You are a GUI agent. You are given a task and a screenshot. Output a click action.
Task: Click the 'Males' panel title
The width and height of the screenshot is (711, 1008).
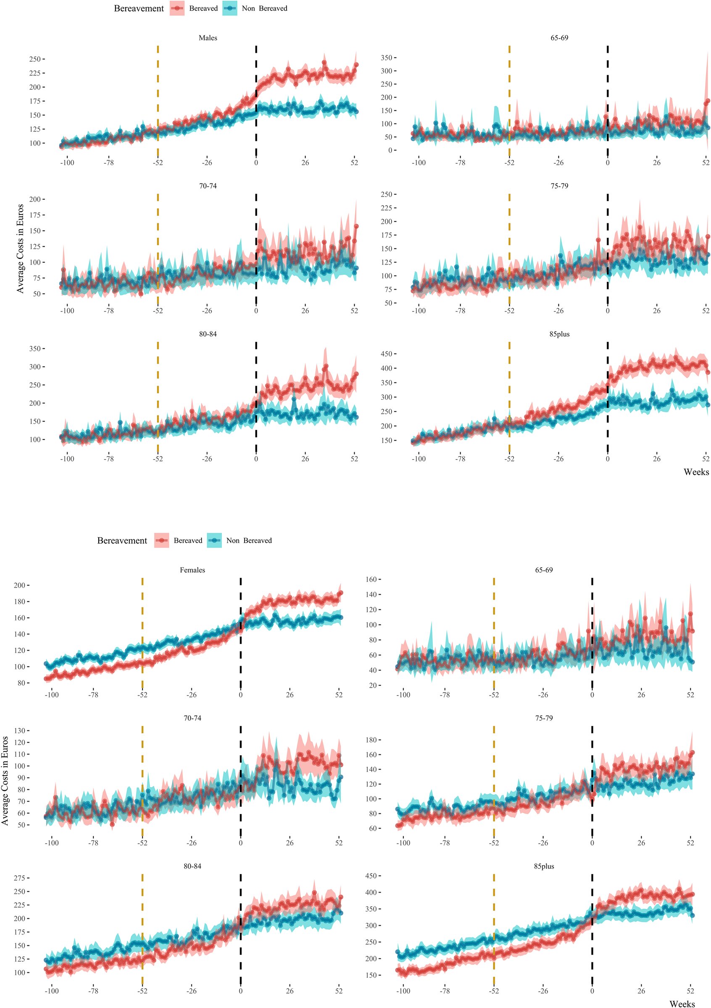[x=208, y=38]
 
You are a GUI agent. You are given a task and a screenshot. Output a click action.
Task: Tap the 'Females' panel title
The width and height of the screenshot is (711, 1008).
[x=192, y=570]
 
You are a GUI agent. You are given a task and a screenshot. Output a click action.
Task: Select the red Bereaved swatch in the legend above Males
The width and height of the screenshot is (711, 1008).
[x=177, y=8]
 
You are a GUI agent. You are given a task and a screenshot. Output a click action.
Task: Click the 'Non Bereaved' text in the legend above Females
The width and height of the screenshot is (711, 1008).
[x=249, y=541]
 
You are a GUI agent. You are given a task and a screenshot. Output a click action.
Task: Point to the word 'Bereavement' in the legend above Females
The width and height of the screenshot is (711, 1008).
[x=122, y=541]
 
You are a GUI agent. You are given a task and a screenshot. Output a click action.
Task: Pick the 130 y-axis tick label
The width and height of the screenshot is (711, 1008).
[x=22, y=730]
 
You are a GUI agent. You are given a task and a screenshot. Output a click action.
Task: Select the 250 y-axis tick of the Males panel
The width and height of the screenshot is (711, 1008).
[x=35, y=59]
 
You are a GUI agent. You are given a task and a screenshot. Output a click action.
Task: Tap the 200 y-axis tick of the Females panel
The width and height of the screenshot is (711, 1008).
[x=19, y=585]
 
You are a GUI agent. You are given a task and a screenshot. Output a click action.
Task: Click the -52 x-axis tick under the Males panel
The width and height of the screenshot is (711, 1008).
[x=158, y=163]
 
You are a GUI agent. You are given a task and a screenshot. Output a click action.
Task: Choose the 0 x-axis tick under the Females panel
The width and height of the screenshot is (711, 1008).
[x=241, y=695]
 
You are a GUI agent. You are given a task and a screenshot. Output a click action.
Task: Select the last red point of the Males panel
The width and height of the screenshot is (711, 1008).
[x=356, y=65]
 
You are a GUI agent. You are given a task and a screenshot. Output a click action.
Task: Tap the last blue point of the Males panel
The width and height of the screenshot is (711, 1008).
[x=356, y=112]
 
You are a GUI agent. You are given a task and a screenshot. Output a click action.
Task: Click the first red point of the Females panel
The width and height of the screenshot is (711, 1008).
[x=46, y=679]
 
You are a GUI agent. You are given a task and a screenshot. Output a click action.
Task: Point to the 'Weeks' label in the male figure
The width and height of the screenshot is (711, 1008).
[x=696, y=472]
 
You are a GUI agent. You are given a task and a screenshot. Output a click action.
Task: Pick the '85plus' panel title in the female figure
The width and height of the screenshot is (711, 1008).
[x=544, y=866]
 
